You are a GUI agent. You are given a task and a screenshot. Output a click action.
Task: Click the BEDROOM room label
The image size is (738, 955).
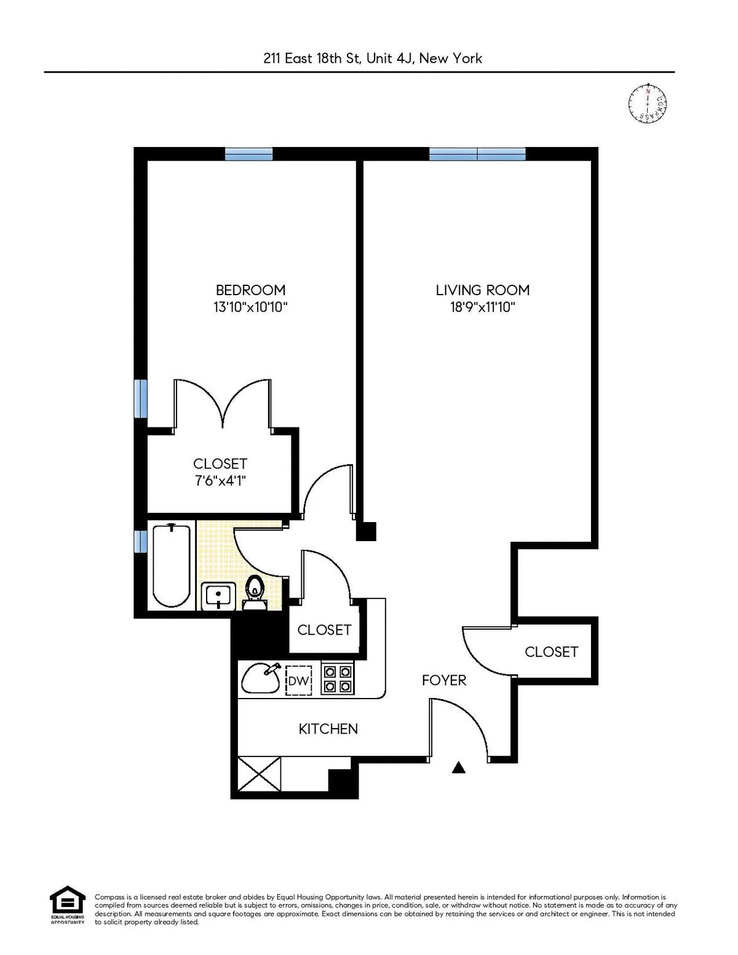pyautogui.click(x=250, y=290)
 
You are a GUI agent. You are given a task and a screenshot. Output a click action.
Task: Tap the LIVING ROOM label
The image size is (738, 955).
pyautogui.click(x=482, y=290)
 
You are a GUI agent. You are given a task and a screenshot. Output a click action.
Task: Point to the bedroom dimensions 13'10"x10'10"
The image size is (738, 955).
pyautogui.click(x=250, y=307)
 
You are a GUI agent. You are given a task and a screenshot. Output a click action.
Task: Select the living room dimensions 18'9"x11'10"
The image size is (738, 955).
pyautogui.click(x=482, y=307)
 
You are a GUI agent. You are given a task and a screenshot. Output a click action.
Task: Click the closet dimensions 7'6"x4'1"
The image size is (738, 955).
pyautogui.click(x=220, y=480)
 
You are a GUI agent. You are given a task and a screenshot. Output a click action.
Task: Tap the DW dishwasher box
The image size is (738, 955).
pyautogui.click(x=299, y=680)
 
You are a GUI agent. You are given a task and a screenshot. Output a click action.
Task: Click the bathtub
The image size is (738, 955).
pyautogui.click(x=171, y=565)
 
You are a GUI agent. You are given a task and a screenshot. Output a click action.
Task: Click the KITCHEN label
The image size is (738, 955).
pyautogui.click(x=328, y=729)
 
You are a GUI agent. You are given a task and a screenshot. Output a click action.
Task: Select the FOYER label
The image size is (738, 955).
pyautogui.click(x=444, y=680)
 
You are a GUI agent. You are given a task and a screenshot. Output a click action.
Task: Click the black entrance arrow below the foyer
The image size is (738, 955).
pyautogui.click(x=459, y=767)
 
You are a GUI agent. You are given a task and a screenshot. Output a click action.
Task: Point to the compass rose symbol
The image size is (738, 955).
pyautogui.click(x=648, y=103)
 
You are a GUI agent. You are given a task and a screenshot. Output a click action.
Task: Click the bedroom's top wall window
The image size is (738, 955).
pyautogui.click(x=248, y=154)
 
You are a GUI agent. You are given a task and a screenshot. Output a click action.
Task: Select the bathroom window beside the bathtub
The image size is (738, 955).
pyautogui.click(x=141, y=541)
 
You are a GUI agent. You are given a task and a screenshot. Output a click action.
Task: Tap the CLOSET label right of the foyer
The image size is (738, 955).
pyautogui.click(x=551, y=651)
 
